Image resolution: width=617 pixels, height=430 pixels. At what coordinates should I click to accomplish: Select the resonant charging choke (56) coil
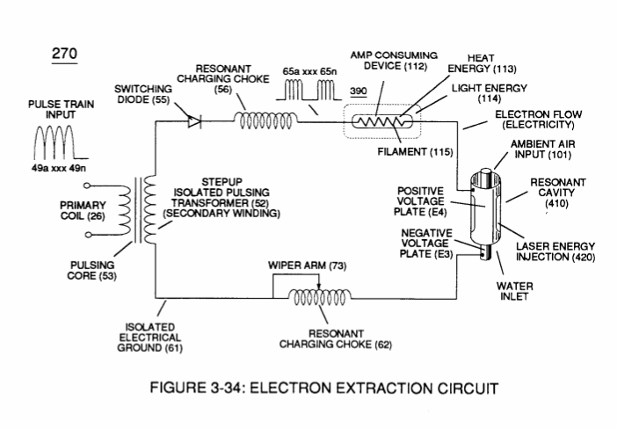pyautogui.click(x=266, y=120)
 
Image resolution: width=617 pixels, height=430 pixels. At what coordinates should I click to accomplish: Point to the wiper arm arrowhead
pyautogui.click(x=319, y=287)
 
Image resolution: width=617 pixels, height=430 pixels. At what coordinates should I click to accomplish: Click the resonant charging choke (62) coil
pyautogui.click(x=320, y=298)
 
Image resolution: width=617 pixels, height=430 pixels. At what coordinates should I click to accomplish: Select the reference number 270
pyautogui.click(x=64, y=54)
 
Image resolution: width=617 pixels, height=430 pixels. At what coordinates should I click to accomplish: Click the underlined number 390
pyautogui.click(x=359, y=91)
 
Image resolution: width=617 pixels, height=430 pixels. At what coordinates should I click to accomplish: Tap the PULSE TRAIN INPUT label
pyautogui.click(x=61, y=109)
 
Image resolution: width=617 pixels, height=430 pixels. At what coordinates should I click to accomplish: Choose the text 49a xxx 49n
pyautogui.click(x=59, y=168)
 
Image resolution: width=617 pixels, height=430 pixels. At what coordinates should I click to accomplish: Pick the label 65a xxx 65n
pyautogui.click(x=309, y=72)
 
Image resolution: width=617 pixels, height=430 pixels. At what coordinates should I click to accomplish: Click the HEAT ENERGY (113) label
pyautogui.click(x=482, y=63)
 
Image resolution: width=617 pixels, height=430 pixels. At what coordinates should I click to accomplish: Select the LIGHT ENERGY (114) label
pyautogui.click(x=489, y=93)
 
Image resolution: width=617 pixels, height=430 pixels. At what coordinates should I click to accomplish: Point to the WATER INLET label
pyautogui.click(x=515, y=291)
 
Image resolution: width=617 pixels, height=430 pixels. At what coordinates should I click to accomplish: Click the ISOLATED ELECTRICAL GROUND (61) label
pyautogui.click(x=150, y=338)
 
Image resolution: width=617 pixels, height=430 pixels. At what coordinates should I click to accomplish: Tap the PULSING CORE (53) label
pyautogui.click(x=92, y=271)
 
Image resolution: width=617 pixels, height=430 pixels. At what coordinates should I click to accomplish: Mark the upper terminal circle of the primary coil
pyautogui.click(x=87, y=186)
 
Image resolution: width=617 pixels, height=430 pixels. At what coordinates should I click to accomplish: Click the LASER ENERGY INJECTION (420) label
pyautogui.click(x=555, y=252)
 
